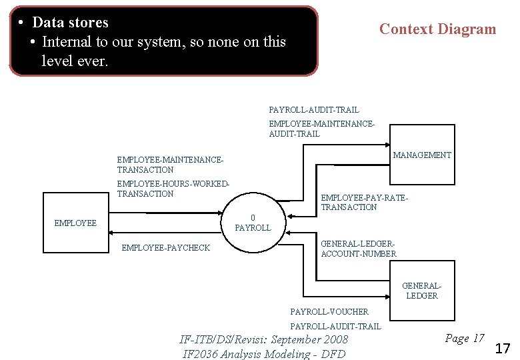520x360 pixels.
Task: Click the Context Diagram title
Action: (x=437, y=29)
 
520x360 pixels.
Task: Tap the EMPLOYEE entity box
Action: (x=75, y=223)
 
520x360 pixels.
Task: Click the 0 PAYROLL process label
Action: (x=253, y=223)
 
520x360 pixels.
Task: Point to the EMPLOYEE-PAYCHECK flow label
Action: (x=165, y=248)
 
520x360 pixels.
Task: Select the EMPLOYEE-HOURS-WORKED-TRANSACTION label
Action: (x=173, y=189)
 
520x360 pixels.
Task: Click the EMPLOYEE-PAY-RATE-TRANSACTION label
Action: (x=364, y=203)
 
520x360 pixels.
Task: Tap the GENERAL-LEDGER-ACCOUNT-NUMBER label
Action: (x=359, y=249)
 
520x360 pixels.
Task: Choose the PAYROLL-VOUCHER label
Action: (x=329, y=311)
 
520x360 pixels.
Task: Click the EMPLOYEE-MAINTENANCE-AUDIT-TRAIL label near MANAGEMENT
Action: (x=322, y=129)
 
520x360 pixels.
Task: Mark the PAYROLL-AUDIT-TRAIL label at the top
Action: (x=313, y=109)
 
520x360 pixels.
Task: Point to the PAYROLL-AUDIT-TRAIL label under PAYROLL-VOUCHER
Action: (x=335, y=326)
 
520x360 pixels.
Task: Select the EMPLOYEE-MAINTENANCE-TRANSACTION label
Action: (x=169, y=165)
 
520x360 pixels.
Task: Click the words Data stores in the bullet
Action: (x=70, y=22)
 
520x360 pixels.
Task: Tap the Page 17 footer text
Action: (x=464, y=339)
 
